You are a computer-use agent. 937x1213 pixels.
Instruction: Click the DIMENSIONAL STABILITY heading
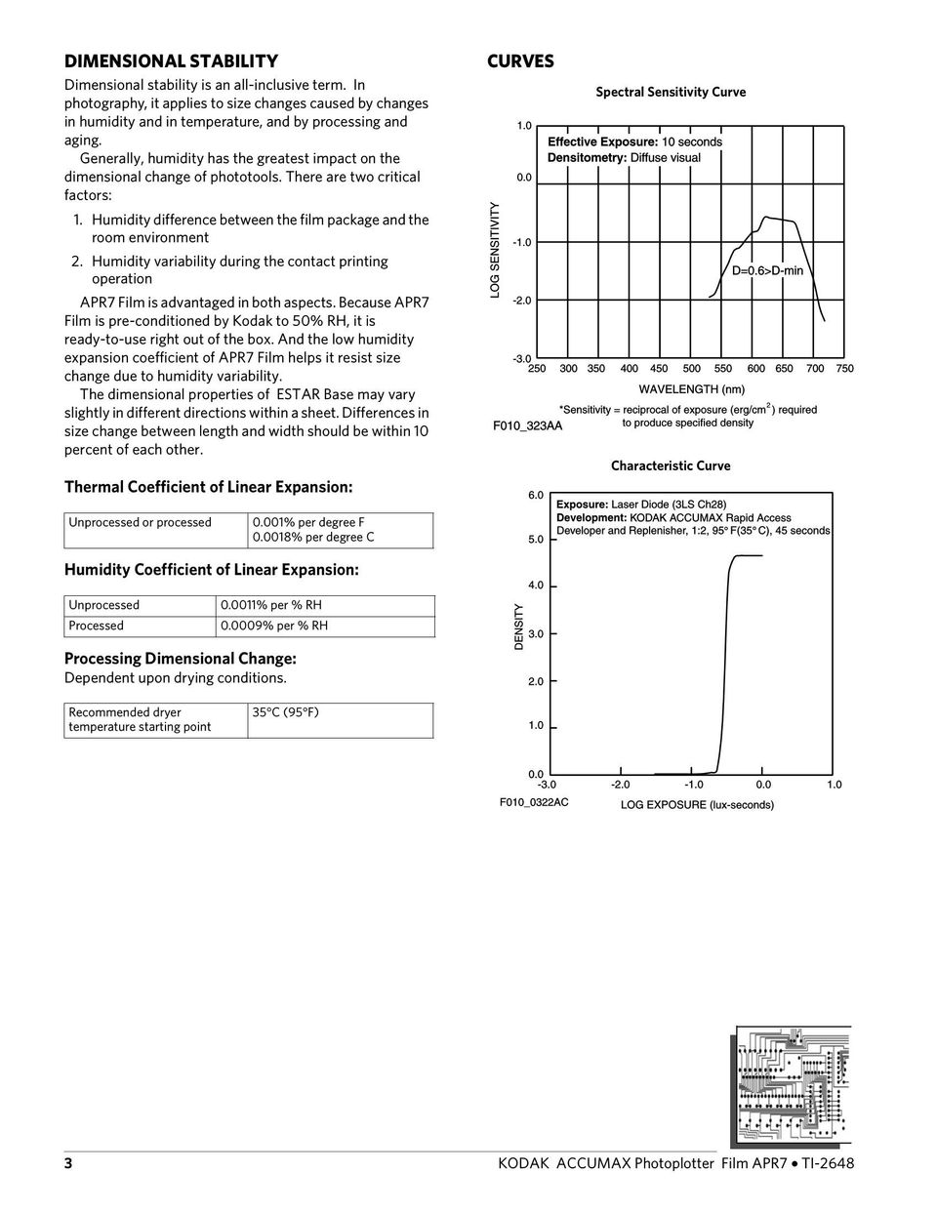pos(171,61)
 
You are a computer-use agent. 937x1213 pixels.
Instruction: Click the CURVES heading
pos(520,61)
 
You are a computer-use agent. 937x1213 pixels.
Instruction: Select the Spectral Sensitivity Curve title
pos(671,92)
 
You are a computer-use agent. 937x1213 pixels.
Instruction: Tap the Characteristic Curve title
pos(671,465)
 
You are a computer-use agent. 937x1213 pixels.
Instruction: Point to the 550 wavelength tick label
pos(723,369)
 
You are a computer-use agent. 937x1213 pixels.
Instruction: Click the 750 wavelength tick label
pos(845,369)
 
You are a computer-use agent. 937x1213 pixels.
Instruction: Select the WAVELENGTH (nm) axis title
pos(692,389)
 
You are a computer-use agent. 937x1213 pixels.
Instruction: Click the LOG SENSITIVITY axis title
pos(495,250)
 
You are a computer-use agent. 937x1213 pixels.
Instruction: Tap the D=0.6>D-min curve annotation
pos(767,270)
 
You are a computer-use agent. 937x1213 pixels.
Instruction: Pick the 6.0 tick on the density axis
pos(536,496)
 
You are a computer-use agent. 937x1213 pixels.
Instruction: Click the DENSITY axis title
pos(518,627)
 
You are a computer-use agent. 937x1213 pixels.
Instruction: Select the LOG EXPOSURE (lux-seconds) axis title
pos(697,805)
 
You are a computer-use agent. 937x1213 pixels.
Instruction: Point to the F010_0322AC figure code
pos(534,802)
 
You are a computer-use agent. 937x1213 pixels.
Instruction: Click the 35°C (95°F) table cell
pos(285,712)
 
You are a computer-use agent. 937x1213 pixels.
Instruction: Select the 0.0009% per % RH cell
pos(275,626)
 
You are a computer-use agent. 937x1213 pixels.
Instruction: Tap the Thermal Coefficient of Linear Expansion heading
pos(208,486)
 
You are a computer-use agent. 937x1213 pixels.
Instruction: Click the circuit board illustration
pos(792,1084)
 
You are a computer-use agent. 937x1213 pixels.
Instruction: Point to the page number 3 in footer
pos(68,1163)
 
